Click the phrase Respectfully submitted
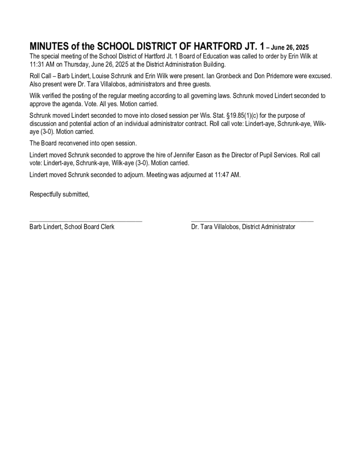(x=59, y=194)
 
